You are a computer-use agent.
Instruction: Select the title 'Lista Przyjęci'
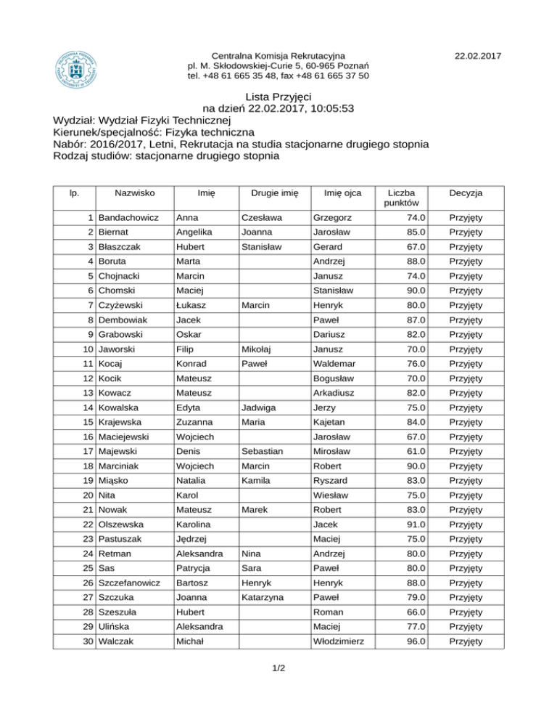278,97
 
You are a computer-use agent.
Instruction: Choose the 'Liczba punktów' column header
401,198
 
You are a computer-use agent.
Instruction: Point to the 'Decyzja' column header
466,192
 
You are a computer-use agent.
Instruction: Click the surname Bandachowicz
128,218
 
